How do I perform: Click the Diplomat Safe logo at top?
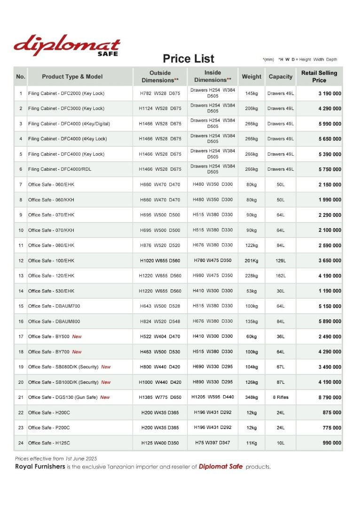pyautogui.click(x=67, y=45)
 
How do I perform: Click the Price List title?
pyautogui.click(x=188, y=59)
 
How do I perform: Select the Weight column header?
pyautogui.click(x=251, y=77)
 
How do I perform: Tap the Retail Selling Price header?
pyautogui.click(x=319, y=77)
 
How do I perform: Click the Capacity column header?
pyautogui.click(x=281, y=77)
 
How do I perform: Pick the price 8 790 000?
pyautogui.click(x=329, y=397)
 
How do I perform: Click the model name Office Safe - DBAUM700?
pyautogui.click(x=54, y=306)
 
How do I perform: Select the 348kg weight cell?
pyautogui.click(x=251, y=397)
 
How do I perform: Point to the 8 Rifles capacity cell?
pyautogui.click(x=281, y=397)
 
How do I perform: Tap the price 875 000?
pyautogui.click(x=332, y=413)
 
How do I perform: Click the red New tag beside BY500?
pyautogui.click(x=77, y=337)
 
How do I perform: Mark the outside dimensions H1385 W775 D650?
pyautogui.click(x=160, y=397)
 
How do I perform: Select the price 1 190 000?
pyautogui.click(x=329, y=291)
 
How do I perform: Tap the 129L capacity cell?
pyautogui.click(x=281, y=261)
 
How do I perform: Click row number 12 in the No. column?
pyautogui.click(x=21, y=261)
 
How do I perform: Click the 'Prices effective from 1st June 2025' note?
pyautogui.click(x=55, y=458)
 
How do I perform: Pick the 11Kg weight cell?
pyautogui.click(x=251, y=443)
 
